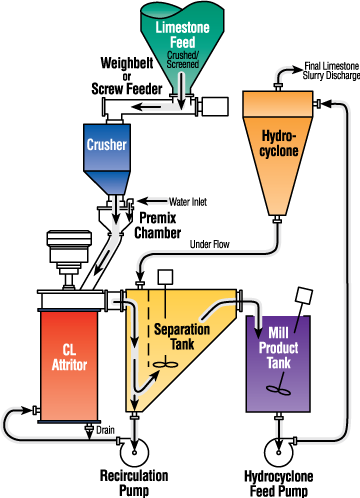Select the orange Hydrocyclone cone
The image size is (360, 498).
tap(278, 153)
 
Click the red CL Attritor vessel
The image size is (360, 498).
tap(69, 366)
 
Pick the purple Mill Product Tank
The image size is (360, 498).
tap(278, 364)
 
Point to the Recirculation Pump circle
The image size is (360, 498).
tap(134, 452)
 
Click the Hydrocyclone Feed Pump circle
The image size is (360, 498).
tap(279, 452)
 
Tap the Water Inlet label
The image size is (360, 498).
tap(188, 202)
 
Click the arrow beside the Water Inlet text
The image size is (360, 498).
tap(152, 201)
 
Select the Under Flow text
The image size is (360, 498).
tap(210, 244)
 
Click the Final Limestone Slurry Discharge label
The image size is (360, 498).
tap(331, 71)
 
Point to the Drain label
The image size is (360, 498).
tap(105, 430)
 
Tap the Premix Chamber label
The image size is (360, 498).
tap(158, 225)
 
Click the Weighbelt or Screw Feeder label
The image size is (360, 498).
tap(127, 76)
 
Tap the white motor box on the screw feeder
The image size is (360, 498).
tap(215, 106)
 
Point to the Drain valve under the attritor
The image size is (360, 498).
tap(89, 430)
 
